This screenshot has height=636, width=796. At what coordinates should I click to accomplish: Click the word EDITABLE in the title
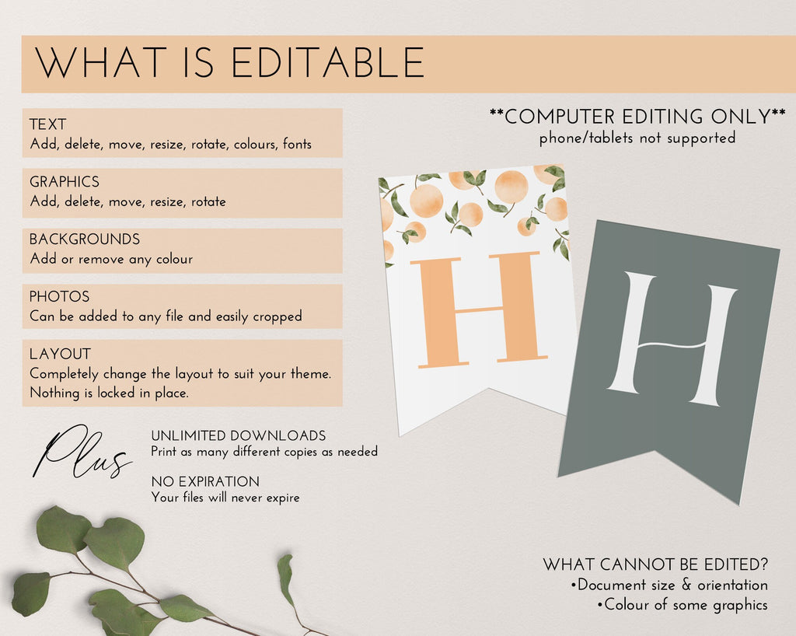tap(328, 62)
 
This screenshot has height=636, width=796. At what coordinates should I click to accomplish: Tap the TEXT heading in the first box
tap(47, 124)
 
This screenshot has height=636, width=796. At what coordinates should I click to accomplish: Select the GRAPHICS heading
tap(65, 182)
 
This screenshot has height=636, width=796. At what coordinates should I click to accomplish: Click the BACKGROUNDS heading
tap(84, 239)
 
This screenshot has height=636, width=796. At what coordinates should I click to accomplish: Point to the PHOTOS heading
tap(59, 296)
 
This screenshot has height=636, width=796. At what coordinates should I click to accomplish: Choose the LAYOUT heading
tap(60, 354)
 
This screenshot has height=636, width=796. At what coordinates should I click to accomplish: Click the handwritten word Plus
tap(81, 453)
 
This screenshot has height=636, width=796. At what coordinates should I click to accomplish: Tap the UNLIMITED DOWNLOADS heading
tap(239, 436)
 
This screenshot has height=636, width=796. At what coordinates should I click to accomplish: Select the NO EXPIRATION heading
tap(205, 482)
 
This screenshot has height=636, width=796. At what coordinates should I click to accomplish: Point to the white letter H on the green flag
tap(672, 339)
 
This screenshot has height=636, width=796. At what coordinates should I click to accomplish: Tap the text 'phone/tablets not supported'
tap(637, 138)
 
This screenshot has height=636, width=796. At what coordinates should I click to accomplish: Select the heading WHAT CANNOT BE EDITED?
tap(655, 564)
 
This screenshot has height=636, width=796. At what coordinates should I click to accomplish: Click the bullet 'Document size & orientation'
tap(669, 585)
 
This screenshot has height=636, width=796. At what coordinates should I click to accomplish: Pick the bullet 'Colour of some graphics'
tap(683, 605)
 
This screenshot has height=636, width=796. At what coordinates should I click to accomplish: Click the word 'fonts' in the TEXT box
tap(297, 144)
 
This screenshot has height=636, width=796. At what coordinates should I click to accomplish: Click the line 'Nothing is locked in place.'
tap(109, 393)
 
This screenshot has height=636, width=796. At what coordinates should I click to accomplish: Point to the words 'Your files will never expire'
tap(225, 498)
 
